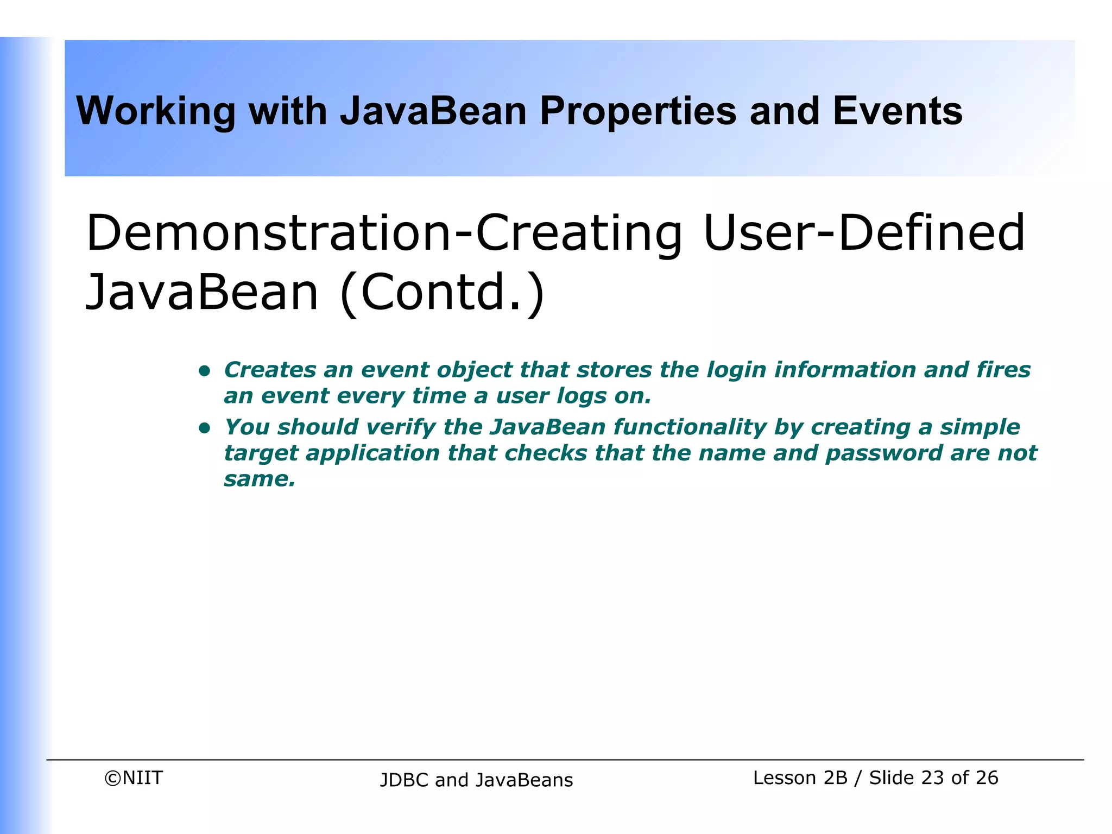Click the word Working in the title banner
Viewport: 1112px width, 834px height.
(x=156, y=111)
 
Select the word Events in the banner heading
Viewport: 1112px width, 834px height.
(x=897, y=111)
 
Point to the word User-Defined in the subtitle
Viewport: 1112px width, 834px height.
(x=863, y=233)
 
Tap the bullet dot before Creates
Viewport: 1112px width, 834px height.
(x=204, y=371)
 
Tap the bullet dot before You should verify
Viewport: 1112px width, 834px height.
(x=204, y=428)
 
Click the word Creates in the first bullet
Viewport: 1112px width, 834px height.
(x=270, y=370)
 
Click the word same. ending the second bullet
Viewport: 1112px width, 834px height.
(x=260, y=479)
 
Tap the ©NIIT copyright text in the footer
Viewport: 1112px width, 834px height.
(x=134, y=778)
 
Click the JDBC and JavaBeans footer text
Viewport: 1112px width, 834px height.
(x=476, y=780)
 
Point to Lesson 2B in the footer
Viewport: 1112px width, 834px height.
(x=800, y=778)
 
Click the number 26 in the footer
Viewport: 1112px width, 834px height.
(x=987, y=778)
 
